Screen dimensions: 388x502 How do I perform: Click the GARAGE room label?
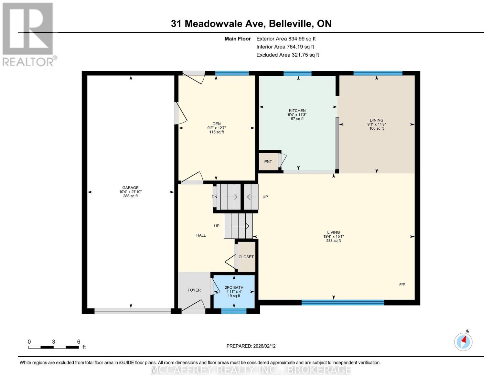tap(130, 188)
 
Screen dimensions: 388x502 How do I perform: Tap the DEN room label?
tap(216, 124)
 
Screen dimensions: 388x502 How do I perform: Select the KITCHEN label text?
tap(297, 111)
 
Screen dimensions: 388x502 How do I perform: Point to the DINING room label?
tap(376, 120)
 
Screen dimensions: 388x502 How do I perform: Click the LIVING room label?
tap(333, 232)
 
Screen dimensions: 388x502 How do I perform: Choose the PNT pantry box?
tap(268, 162)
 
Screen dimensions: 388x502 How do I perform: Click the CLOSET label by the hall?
tap(246, 257)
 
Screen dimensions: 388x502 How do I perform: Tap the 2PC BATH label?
tap(234, 287)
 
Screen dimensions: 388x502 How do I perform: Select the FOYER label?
tap(194, 290)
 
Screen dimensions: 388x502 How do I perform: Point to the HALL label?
tap(201, 235)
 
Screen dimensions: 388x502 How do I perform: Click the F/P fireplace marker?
tap(402, 285)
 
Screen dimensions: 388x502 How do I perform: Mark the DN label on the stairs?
tap(214, 197)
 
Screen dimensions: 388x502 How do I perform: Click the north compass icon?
tap(463, 341)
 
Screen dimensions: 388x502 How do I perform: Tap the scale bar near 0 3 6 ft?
tap(53, 347)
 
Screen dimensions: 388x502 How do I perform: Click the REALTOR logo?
tap(28, 34)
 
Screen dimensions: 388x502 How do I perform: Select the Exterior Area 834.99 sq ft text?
tap(286, 39)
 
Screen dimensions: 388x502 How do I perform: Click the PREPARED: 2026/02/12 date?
tap(251, 346)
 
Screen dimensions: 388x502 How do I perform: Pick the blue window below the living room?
tap(343, 303)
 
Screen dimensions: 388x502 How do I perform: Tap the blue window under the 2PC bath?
tap(234, 311)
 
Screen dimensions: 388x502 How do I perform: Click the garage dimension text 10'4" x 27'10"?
tap(130, 192)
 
